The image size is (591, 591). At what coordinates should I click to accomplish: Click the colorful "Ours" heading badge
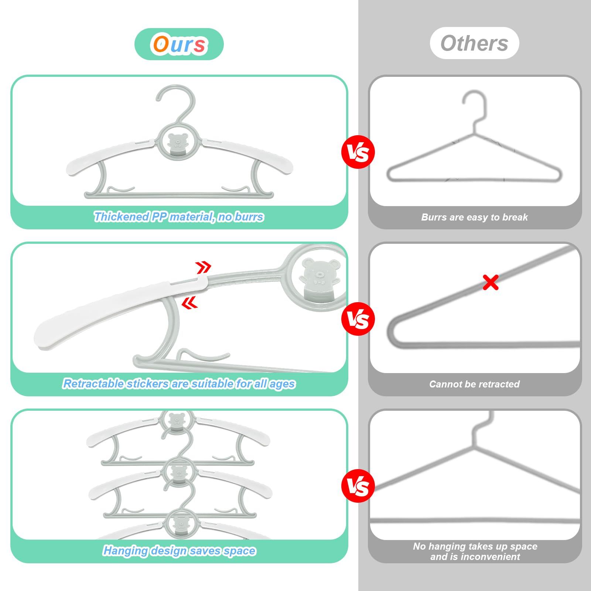(x=179, y=44)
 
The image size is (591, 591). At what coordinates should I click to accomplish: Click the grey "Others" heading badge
(x=474, y=43)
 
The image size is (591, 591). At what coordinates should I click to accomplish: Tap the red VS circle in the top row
(x=358, y=152)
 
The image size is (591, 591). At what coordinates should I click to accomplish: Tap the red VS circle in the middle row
(x=358, y=319)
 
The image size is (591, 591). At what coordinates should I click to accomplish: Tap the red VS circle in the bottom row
(x=358, y=486)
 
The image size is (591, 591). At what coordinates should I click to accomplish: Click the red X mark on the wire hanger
(x=491, y=282)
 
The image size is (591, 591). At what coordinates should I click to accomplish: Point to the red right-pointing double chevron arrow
(x=203, y=267)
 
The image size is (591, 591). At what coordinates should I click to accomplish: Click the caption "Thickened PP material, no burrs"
(x=179, y=217)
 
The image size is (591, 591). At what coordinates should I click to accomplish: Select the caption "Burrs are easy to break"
(x=474, y=217)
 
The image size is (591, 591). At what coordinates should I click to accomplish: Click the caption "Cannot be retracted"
(x=474, y=384)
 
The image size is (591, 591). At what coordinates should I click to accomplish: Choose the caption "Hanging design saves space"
(x=179, y=551)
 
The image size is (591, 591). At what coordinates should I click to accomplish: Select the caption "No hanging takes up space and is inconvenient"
(x=475, y=551)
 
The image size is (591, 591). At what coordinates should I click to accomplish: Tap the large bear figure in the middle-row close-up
(x=320, y=279)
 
